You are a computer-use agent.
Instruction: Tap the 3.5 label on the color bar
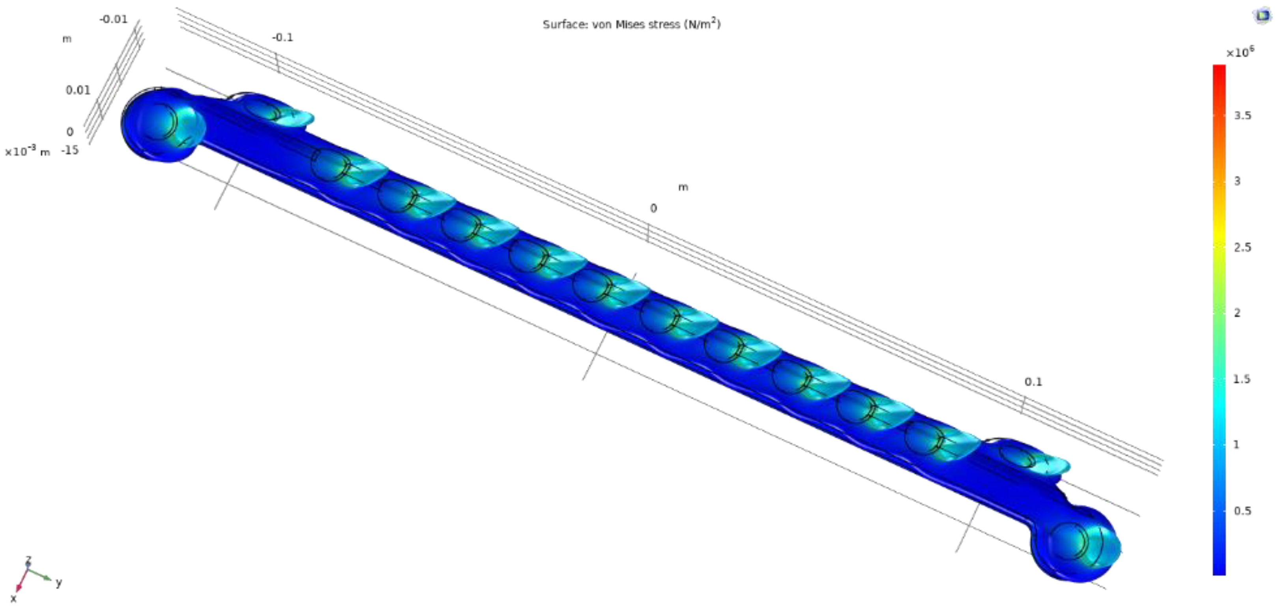[x=1242, y=116]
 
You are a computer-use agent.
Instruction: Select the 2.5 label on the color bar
[x=1242, y=247]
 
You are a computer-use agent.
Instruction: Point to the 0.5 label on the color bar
[x=1242, y=511]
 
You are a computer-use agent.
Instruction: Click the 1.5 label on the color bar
[x=1242, y=379]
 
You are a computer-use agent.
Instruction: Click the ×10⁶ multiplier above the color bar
[x=1239, y=52]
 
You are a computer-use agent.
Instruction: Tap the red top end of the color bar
[x=1219, y=69]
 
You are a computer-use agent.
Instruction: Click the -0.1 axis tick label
[x=283, y=37]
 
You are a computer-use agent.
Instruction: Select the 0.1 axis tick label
[x=1033, y=382]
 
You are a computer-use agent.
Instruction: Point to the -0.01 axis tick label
[x=113, y=19]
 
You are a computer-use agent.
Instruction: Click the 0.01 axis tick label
[x=78, y=90]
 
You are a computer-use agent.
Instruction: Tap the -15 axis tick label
[x=70, y=150]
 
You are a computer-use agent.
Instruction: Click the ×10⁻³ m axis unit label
[x=27, y=151]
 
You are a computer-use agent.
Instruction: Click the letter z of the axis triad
[x=29, y=559]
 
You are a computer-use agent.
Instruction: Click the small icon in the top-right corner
[x=1263, y=15]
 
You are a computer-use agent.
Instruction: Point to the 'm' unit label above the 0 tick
[x=683, y=187]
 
